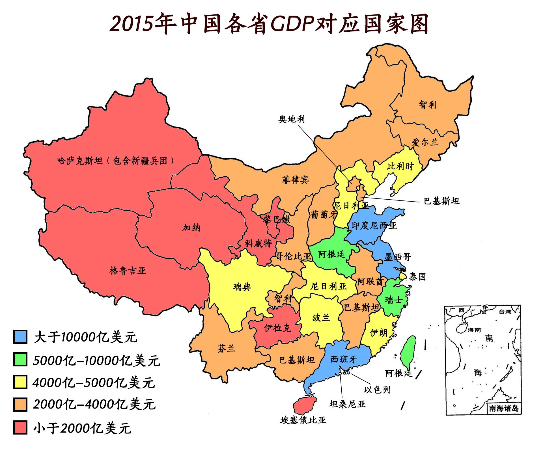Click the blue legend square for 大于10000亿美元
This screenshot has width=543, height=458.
pos(20,337)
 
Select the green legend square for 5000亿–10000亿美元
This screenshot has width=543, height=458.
pos(20,359)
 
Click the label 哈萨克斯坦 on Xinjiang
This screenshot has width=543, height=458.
pos(80,161)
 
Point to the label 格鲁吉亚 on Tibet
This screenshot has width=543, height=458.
pos(128,271)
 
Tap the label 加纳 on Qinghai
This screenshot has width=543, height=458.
pos(191,227)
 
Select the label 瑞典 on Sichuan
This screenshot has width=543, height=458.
pos(242,287)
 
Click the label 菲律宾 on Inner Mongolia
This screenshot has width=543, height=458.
pos(295,180)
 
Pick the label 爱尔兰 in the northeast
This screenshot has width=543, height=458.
pos(425,142)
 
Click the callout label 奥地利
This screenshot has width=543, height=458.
pos(291,119)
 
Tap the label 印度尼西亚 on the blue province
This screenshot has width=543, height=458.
pos(374,225)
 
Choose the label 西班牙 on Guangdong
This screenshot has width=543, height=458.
pos(344,359)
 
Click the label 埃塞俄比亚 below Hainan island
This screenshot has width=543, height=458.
pos(303,420)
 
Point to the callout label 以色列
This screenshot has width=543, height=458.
pos(377,390)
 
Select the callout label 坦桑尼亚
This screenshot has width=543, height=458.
pos(347,404)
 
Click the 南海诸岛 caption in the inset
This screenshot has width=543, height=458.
pos(504,408)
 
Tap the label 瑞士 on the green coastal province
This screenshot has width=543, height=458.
pos(394,300)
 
